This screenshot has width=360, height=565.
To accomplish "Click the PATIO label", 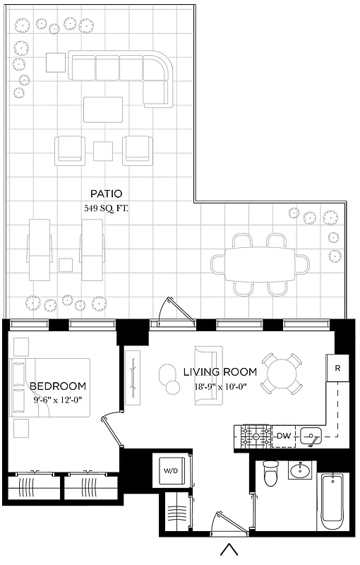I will pyautogui.click(x=107, y=193).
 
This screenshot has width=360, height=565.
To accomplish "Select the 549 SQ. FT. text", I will pyautogui.click(x=107, y=208).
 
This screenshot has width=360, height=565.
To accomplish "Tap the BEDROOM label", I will pyautogui.click(x=58, y=386).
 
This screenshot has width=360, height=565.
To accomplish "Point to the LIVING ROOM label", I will pyautogui.click(x=220, y=372).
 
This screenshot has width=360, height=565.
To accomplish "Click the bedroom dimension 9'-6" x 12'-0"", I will pyautogui.click(x=58, y=400).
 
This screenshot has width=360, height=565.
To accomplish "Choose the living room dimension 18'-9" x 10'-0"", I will pyautogui.click(x=220, y=386).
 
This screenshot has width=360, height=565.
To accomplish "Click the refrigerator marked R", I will pyautogui.click(x=338, y=368).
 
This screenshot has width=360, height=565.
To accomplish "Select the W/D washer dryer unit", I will pyautogui.click(x=171, y=469).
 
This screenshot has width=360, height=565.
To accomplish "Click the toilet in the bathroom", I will pyautogui.click(x=270, y=474).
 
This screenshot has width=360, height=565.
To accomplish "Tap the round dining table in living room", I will pyautogui.click(x=283, y=373).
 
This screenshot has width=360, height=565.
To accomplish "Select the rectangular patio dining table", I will pyautogui.click(x=259, y=264).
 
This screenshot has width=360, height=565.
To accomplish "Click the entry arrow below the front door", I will pyautogui.click(x=228, y=549).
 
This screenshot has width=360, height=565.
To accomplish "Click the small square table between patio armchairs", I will pyautogui.click(x=104, y=150).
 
